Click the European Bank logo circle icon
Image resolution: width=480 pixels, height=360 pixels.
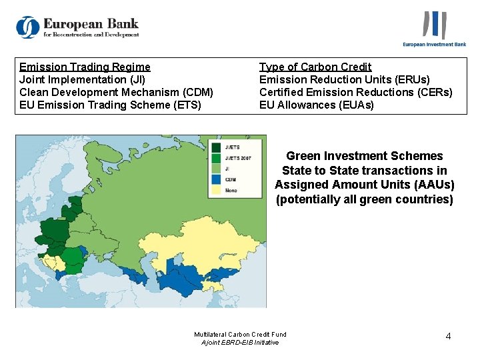[28, 27]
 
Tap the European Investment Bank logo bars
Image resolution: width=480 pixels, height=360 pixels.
[434, 25]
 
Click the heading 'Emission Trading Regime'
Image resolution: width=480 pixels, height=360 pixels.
[85, 67]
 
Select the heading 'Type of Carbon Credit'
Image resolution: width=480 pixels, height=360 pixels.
[315, 67]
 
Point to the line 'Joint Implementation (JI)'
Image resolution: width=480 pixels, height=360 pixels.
[82, 79]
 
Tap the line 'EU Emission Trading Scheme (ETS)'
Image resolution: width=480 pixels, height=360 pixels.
[110, 105]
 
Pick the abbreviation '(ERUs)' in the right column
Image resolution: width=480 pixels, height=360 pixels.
[407, 79]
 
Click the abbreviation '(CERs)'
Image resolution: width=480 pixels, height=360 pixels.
[430, 92]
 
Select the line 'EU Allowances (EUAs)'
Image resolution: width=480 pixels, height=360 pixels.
[317, 105]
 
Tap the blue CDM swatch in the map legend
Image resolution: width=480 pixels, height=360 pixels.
[217, 179]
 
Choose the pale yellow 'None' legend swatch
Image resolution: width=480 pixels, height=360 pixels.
[217, 190]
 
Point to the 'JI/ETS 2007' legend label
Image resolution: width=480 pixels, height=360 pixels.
[237, 158]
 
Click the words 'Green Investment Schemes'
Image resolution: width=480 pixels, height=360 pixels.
[365, 156]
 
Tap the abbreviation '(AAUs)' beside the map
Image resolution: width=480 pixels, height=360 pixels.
[428, 185]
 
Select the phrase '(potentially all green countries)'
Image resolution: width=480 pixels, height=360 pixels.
[365, 199]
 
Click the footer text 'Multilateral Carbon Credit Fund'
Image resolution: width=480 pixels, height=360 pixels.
[240, 334]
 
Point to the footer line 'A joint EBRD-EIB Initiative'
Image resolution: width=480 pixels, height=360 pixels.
[240, 342]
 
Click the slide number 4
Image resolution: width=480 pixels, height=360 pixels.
[448, 336]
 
